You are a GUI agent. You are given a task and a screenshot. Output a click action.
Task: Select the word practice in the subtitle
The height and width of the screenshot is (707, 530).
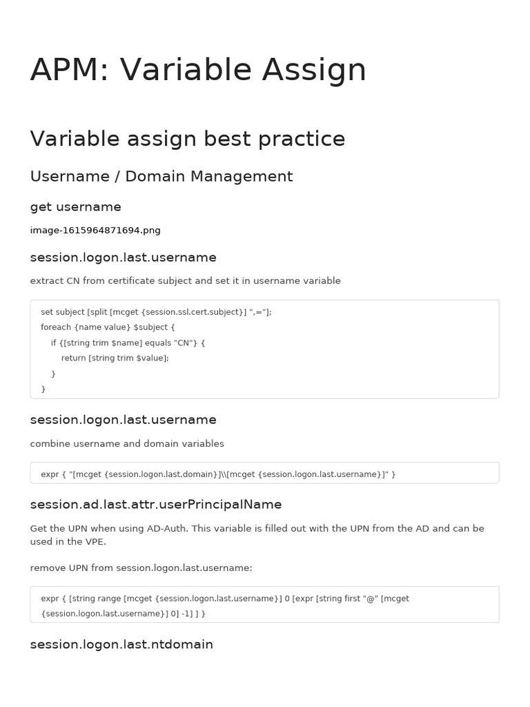coord(302,139)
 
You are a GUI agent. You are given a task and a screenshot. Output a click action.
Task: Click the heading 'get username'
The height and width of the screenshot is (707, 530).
coord(75,207)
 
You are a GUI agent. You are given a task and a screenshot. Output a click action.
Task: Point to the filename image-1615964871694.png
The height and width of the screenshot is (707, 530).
coord(95,230)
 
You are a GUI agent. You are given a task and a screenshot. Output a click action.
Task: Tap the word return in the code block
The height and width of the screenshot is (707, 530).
coord(74,358)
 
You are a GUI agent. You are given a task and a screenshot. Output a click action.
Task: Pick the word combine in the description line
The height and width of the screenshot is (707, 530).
coord(50,444)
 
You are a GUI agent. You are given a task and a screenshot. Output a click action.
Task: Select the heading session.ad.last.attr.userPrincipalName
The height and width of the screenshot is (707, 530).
coord(156,505)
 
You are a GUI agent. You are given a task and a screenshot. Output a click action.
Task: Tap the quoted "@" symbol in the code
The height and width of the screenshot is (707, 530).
coord(371,599)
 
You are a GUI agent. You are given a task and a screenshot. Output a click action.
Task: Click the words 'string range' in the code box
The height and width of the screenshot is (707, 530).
coord(96,599)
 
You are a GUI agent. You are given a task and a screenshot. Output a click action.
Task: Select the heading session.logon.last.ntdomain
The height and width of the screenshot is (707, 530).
coord(121,645)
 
